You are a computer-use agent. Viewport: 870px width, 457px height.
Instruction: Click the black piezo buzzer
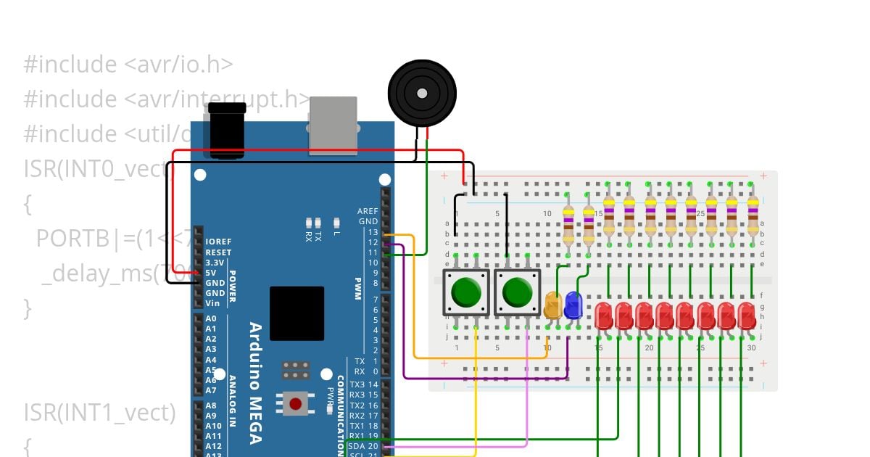coord(422,94)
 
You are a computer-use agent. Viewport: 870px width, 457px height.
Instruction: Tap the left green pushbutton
coord(465,292)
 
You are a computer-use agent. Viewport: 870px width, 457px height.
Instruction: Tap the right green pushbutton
coord(517,292)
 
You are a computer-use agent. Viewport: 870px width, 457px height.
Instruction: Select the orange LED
coord(552,305)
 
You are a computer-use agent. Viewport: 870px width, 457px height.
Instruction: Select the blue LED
coord(573,305)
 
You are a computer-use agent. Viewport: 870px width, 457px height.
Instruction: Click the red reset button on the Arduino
coord(295,403)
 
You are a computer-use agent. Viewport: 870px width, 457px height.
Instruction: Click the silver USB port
coord(333,125)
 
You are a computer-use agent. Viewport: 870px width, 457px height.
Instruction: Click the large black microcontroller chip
coord(297,313)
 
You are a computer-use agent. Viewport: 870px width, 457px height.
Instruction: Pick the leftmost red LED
coord(603,316)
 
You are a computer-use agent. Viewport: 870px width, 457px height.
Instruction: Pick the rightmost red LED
coord(747,316)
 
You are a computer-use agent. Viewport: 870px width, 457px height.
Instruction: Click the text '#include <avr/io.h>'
coord(128,65)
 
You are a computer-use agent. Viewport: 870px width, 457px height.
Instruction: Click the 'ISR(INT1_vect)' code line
coord(99,413)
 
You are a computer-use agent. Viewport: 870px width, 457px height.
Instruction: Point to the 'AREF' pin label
coord(368,211)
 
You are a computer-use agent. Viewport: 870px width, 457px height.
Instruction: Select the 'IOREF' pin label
coord(218,242)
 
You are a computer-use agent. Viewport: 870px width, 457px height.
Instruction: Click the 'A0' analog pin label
coord(211,318)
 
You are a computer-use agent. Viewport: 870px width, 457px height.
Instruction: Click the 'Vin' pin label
coord(212,303)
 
